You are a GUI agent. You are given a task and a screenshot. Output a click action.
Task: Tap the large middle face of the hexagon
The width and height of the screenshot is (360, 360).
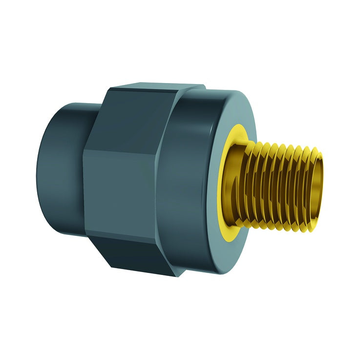coord(122,186)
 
